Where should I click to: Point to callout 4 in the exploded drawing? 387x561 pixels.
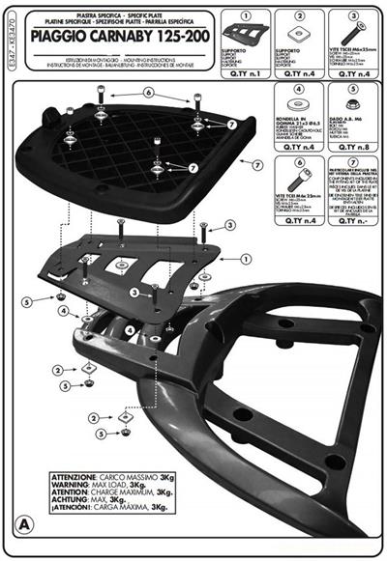tap(63, 312)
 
